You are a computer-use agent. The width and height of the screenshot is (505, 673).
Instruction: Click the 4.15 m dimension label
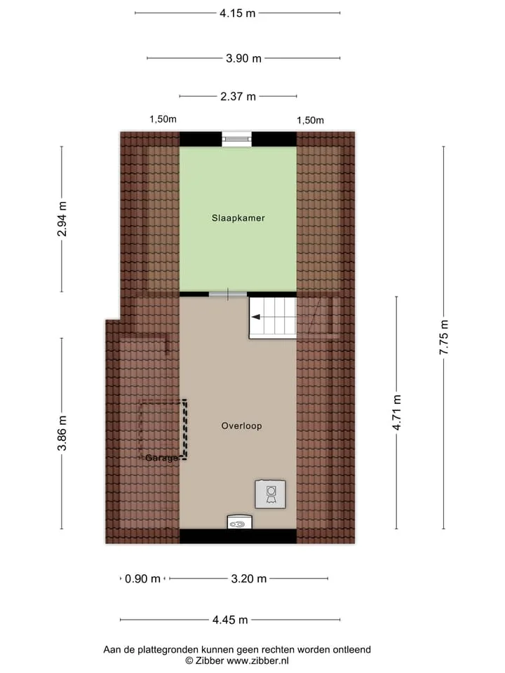(238, 13)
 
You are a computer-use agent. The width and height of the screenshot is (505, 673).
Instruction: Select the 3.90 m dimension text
(243, 58)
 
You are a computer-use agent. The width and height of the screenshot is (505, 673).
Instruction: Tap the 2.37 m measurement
(238, 97)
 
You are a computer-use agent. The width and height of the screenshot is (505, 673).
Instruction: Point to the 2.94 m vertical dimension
(62, 219)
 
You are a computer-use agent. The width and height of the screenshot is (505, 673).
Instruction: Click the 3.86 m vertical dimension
(62, 433)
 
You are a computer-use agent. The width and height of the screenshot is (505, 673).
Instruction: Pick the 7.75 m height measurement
(444, 337)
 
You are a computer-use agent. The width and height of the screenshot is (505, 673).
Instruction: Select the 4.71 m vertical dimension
(397, 412)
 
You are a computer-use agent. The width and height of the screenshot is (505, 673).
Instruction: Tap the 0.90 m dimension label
(142, 579)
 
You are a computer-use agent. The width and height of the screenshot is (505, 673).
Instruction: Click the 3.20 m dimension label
(248, 579)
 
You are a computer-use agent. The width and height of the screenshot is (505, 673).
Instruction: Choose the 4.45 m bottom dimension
(230, 620)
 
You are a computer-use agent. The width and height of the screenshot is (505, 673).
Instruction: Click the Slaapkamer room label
(238, 218)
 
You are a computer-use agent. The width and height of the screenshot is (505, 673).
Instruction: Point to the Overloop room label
(241, 426)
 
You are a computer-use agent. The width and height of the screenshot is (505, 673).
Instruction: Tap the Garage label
(161, 458)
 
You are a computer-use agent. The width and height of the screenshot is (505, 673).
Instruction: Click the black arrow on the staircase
(255, 317)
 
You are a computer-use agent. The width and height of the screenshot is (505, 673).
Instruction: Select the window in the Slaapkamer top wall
(236, 139)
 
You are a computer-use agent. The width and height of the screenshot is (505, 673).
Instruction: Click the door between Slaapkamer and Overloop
(228, 294)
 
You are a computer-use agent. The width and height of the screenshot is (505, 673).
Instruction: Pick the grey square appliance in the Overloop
(271, 494)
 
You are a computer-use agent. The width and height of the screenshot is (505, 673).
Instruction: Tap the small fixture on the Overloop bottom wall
(240, 522)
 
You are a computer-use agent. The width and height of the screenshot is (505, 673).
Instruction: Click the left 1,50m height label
(163, 119)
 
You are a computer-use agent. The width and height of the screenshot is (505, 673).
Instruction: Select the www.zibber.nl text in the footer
(257, 661)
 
